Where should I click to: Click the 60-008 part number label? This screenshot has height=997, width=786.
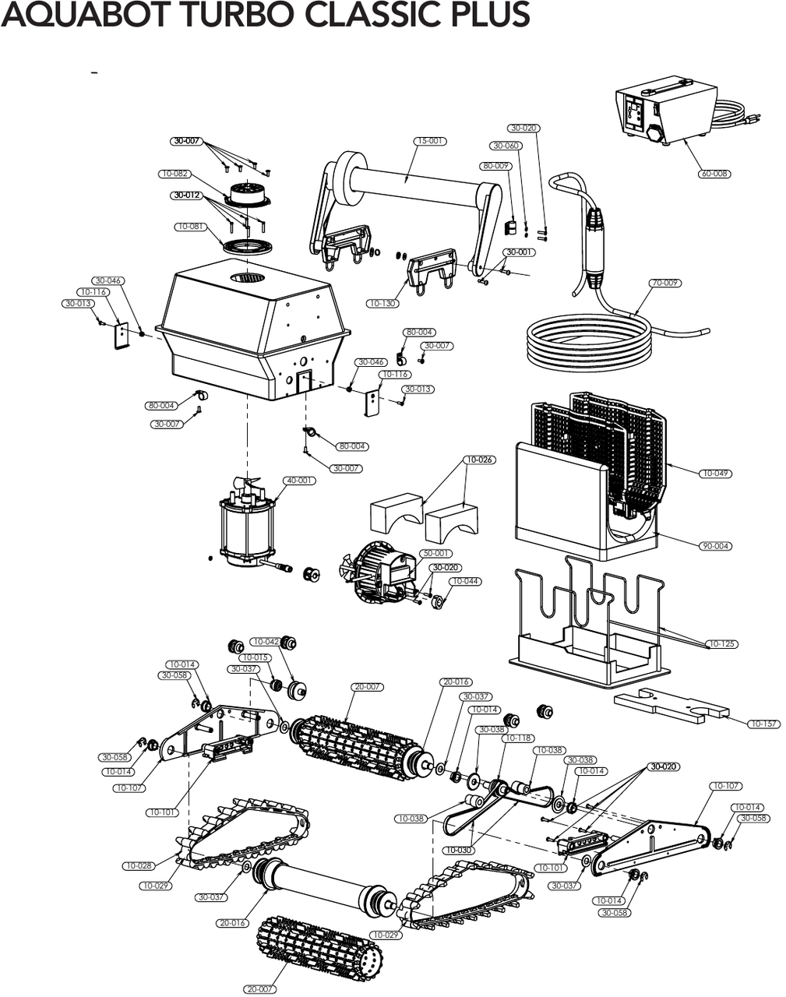(714, 174)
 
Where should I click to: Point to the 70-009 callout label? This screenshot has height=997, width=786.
(664, 283)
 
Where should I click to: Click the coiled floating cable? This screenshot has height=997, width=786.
(588, 341)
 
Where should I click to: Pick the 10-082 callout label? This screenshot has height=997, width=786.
(174, 174)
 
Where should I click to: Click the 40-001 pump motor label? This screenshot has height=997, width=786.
(299, 481)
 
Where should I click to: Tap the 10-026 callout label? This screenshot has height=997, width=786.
(479, 460)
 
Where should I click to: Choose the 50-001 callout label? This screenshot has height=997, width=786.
(436, 553)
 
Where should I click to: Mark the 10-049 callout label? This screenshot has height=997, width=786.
(715, 473)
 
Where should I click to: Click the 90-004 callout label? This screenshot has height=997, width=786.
(715, 546)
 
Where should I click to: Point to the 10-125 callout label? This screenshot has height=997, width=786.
(721, 644)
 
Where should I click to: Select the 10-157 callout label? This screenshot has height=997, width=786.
(763, 724)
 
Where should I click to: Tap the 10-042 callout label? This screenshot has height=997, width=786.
(265, 642)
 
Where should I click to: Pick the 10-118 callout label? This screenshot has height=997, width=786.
(518, 738)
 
